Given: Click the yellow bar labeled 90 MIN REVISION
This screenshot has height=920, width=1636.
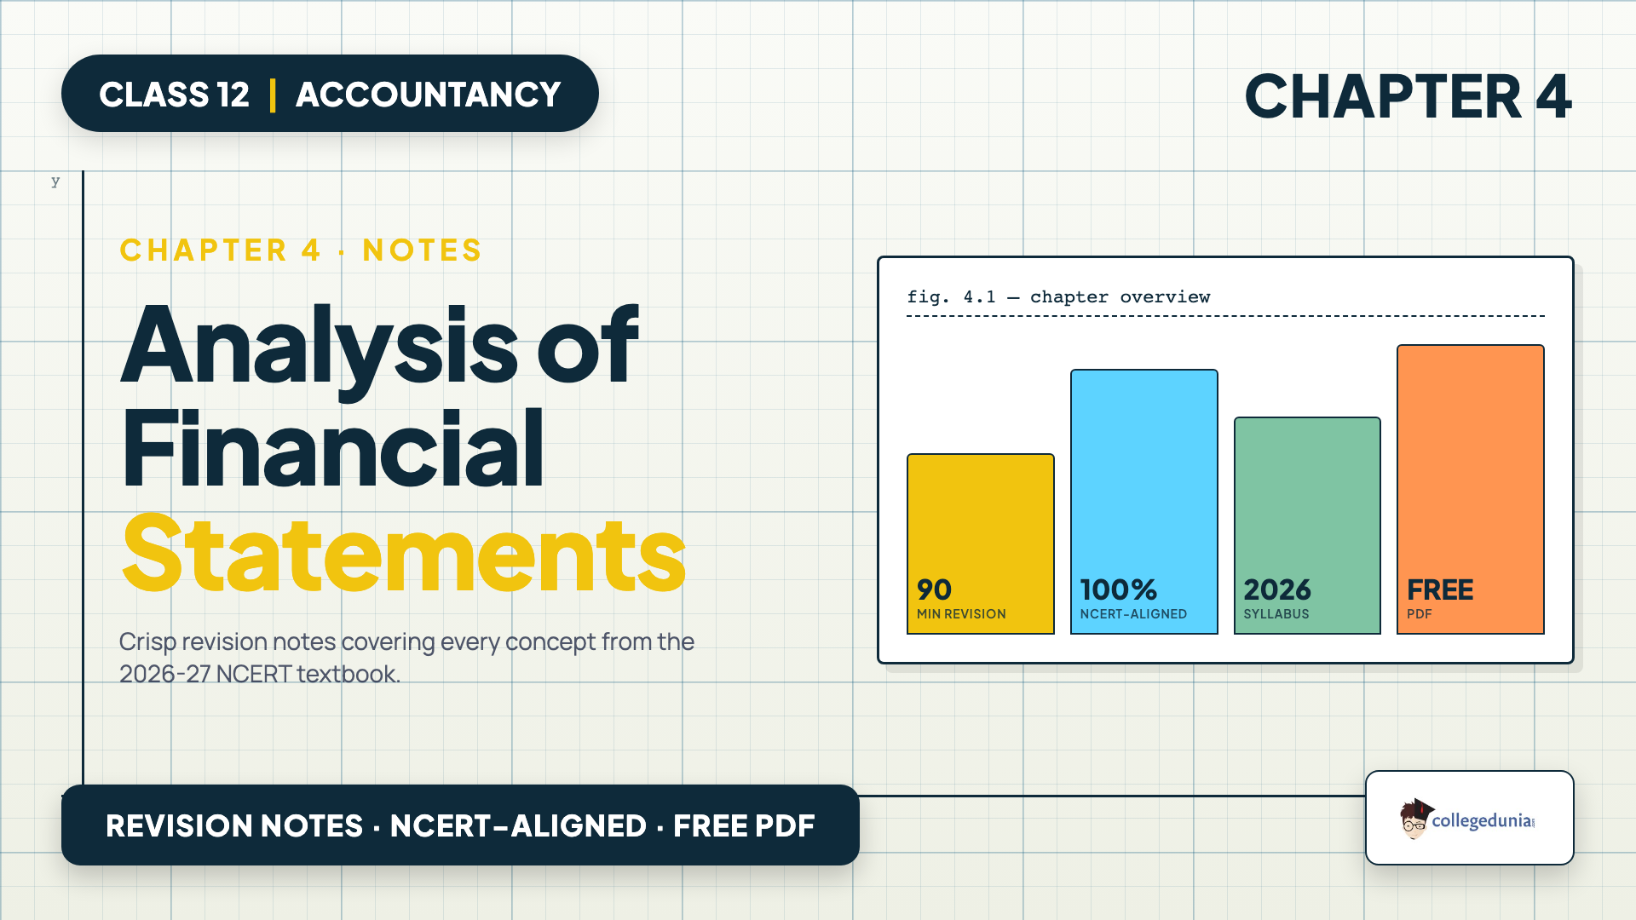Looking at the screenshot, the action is (981, 543).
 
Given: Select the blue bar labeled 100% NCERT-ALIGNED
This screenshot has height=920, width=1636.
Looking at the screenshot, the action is (1143, 502).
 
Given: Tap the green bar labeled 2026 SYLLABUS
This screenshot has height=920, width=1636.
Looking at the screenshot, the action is (1307, 526).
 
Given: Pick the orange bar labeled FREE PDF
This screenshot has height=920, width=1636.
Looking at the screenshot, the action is (1471, 489).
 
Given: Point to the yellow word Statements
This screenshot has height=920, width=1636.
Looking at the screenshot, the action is (404, 555).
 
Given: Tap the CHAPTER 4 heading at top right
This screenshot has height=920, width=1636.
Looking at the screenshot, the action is (1408, 95).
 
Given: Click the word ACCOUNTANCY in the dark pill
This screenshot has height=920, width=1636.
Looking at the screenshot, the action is (428, 95).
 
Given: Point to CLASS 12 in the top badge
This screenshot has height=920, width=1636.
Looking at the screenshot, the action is (174, 95).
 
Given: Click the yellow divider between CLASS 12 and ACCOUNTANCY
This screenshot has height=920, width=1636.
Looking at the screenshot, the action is (273, 95).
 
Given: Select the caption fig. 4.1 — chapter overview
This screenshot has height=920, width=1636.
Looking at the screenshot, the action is (1058, 297).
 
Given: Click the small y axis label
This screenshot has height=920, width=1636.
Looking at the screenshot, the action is (55, 181).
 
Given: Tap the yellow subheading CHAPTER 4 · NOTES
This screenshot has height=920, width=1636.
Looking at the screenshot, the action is (301, 250).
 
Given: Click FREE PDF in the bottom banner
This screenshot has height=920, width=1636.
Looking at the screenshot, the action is (744, 825).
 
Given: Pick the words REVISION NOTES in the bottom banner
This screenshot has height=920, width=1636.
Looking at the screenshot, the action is (234, 825).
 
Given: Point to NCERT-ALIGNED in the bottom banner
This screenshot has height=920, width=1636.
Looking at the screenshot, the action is (518, 825).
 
